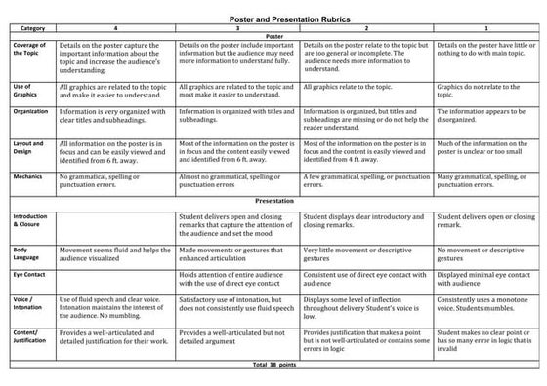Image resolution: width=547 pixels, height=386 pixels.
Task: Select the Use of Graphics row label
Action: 29,93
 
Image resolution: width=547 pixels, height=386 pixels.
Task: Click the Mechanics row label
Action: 31,177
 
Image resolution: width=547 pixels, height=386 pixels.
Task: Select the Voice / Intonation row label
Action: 30,305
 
